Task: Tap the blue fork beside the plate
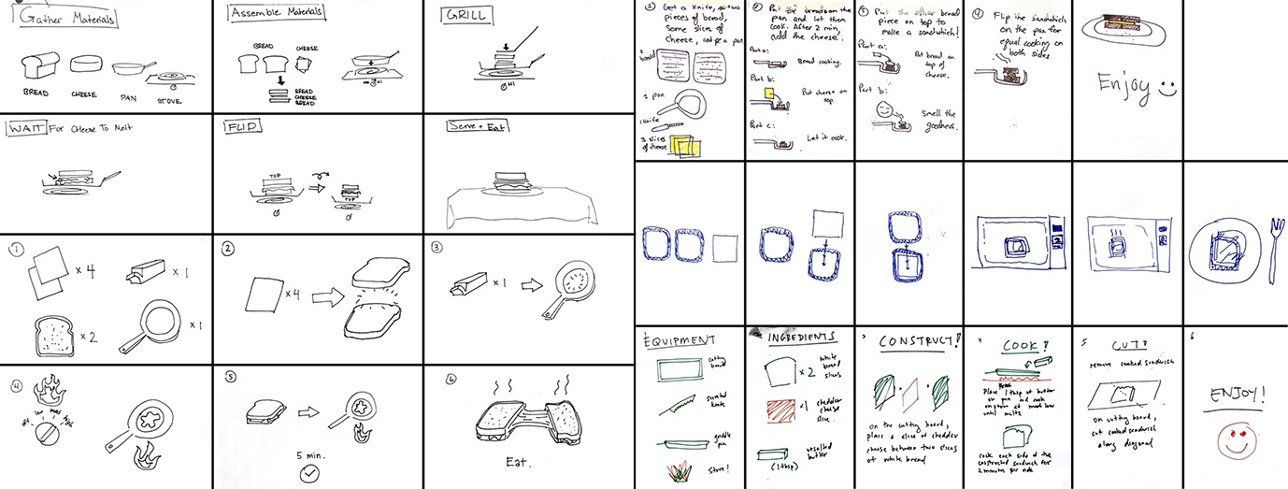pos(1272,245)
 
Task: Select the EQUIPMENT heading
pos(681,340)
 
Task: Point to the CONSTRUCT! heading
pos(919,342)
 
